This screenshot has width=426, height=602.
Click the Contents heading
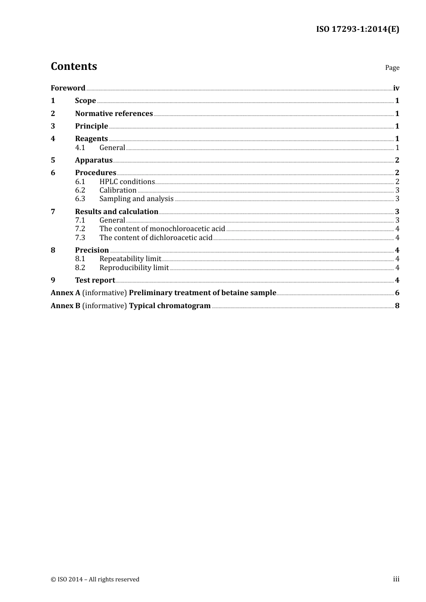[x=74, y=66]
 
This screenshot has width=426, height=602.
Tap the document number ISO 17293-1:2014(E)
[x=357, y=29]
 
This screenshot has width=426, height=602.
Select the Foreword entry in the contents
[x=68, y=88]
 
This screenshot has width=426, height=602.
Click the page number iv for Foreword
[x=396, y=88]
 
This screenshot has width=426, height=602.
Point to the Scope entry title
[x=85, y=101]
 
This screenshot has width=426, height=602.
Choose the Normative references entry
[x=114, y=114]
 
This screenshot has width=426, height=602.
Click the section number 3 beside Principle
[x=53, y=126]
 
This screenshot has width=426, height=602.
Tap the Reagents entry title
[x=91, y=139]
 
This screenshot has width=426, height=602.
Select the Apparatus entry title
[x=94, y=160]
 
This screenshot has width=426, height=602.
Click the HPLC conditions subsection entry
[x=127, y=182]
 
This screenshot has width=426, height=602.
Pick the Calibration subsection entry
[x=118, y=190]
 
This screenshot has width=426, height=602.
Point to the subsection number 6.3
[x=80, y=199]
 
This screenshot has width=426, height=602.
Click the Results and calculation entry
[x=117, y=212]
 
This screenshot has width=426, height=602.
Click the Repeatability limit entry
[x=130, y=259]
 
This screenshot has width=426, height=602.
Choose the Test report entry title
[x=95, y=280]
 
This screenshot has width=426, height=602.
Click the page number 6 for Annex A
[x=397, y=293]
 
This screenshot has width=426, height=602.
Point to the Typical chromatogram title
[x=170, y=306]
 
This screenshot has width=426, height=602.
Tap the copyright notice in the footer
[x=95, y=580]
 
